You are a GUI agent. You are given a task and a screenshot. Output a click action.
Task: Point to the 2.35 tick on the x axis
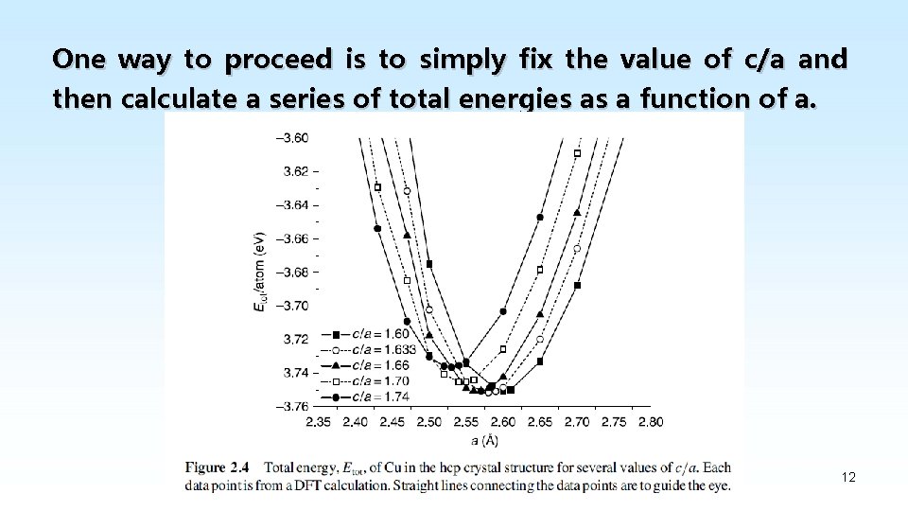coord(320,422)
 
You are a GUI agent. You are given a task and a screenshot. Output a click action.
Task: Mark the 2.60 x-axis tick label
coord(503,422)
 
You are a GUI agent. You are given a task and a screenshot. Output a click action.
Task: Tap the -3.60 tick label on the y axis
coord(290,137)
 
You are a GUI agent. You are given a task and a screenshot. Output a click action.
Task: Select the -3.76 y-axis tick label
coord(290,407)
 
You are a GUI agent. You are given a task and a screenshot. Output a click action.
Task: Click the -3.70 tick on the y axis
coord(290,305)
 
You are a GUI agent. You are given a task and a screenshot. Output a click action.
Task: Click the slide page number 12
coord(848,477)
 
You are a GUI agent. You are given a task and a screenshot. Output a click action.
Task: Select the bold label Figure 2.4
coord(218,467)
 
